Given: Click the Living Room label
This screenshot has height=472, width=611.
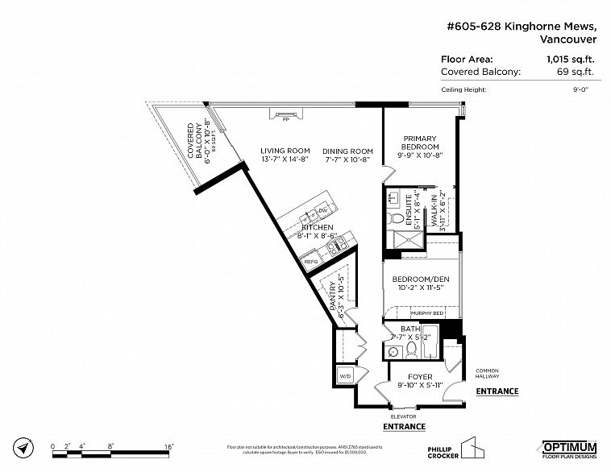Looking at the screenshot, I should [x=285, y=151].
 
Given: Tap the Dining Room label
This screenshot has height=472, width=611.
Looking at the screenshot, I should [x=347, y=151].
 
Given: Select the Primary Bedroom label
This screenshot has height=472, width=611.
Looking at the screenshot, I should [x=421, y=143].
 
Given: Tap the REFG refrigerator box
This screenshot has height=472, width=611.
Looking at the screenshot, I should [x=310, y=261].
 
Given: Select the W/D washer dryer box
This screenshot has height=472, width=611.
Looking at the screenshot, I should [x=345, y=375].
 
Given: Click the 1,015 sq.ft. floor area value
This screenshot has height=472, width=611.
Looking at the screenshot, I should [x=573, y=59].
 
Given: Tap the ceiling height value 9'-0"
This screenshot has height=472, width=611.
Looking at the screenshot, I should [x=580, y=89].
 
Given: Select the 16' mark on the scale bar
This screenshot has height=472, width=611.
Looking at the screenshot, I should [x=169, y=445].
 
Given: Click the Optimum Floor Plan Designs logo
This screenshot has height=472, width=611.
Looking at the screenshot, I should [x=568, y=449].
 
